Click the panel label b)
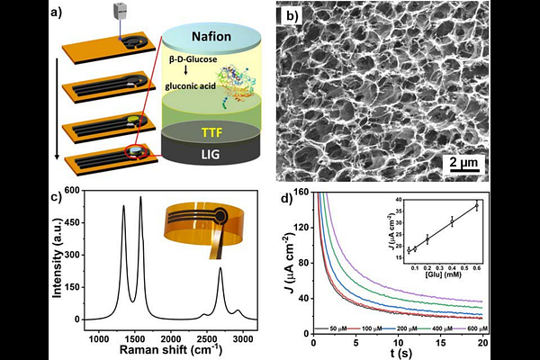291,14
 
